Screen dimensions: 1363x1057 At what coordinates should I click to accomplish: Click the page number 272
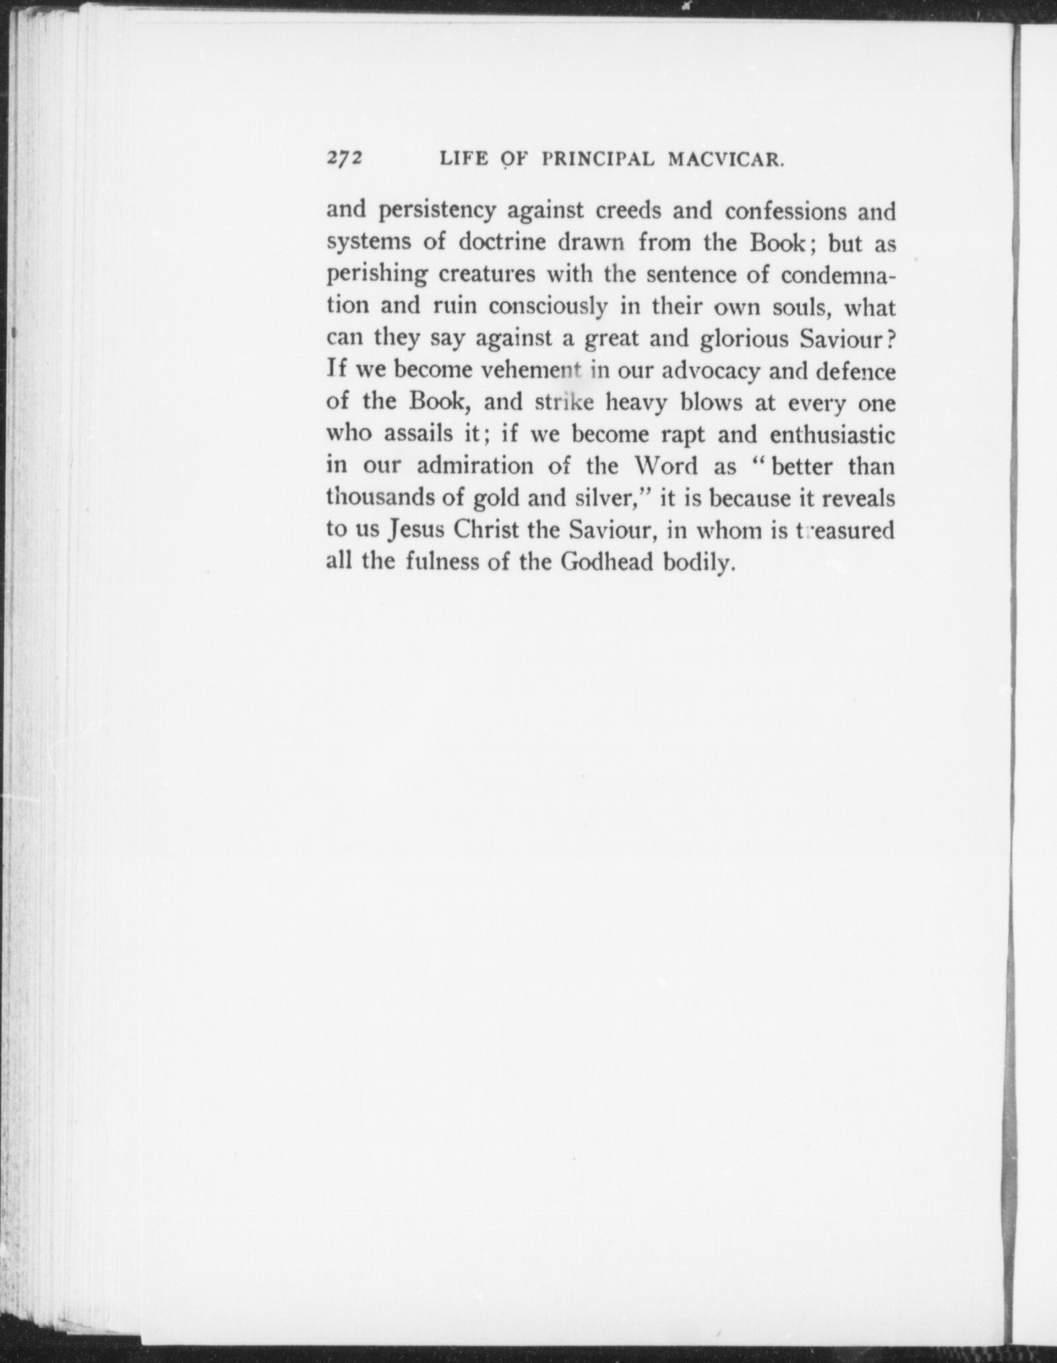click(345, 158)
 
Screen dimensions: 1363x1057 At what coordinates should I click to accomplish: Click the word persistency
click(437, 212)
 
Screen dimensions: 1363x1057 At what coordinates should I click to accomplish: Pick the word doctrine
click(504, 243)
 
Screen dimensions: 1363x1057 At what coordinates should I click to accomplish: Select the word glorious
click(744, 339)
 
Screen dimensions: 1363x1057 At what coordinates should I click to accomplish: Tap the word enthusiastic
click(832, 435)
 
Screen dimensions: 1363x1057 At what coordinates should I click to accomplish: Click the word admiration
click(475, 466)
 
